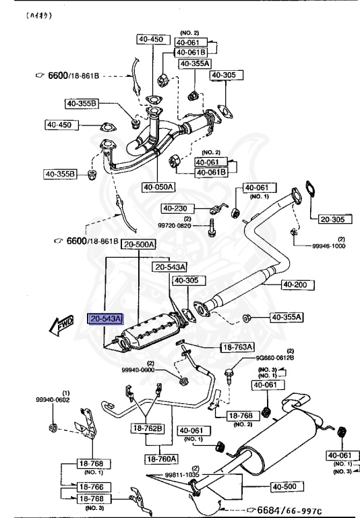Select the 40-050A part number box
pos(158,187)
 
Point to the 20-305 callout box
pos(332,219)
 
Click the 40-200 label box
pos(294,285)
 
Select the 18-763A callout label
pos(237,347)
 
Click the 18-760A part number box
pos(160,459)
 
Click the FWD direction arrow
pos(62,326)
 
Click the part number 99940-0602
pos(53,400)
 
